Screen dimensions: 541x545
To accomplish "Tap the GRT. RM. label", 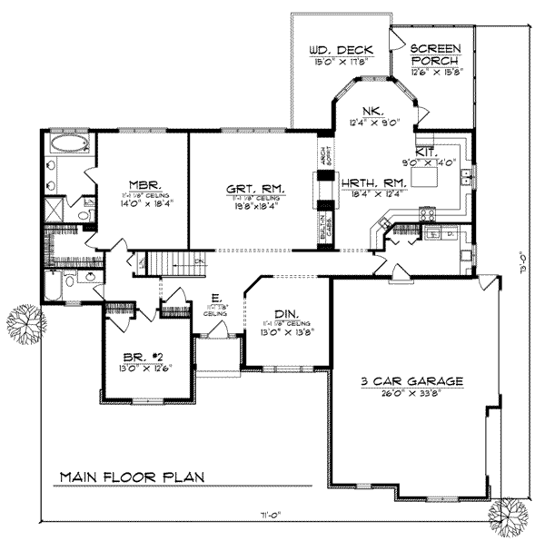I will pos(257,189).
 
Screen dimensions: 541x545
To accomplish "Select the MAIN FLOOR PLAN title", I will pos(132,476).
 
